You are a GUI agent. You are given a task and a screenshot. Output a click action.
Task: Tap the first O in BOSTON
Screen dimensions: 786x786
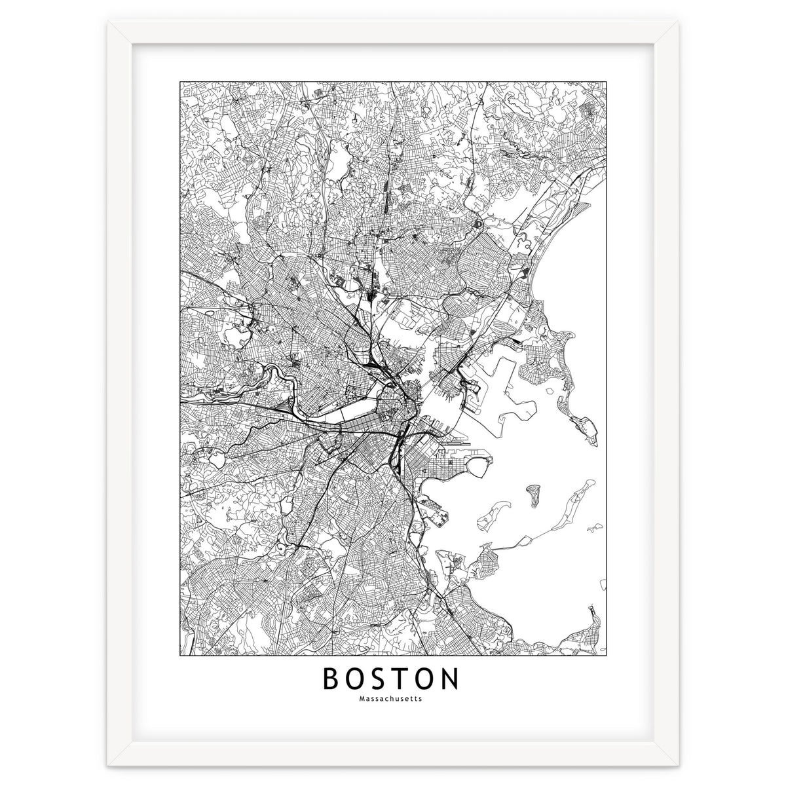(x=358, y=679)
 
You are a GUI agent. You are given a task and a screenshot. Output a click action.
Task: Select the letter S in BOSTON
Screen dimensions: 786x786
(x=383, y=679)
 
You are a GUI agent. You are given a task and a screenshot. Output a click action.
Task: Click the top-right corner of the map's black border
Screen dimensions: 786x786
(x=606, y=82)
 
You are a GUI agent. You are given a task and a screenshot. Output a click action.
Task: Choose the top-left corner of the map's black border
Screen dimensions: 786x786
(x=180, y=82)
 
